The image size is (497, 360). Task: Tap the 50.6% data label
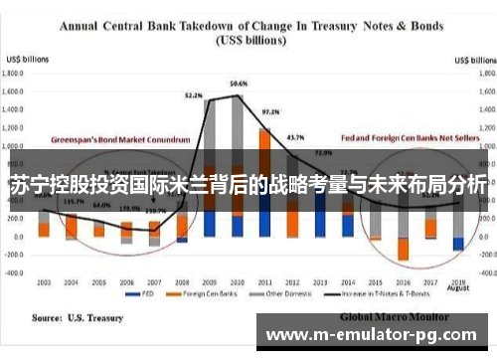click(239, 83)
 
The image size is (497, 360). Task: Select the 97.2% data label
click(269, 112)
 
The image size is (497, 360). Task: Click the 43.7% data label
click(295, 136)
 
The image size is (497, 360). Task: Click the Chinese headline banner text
click(248, 184)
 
